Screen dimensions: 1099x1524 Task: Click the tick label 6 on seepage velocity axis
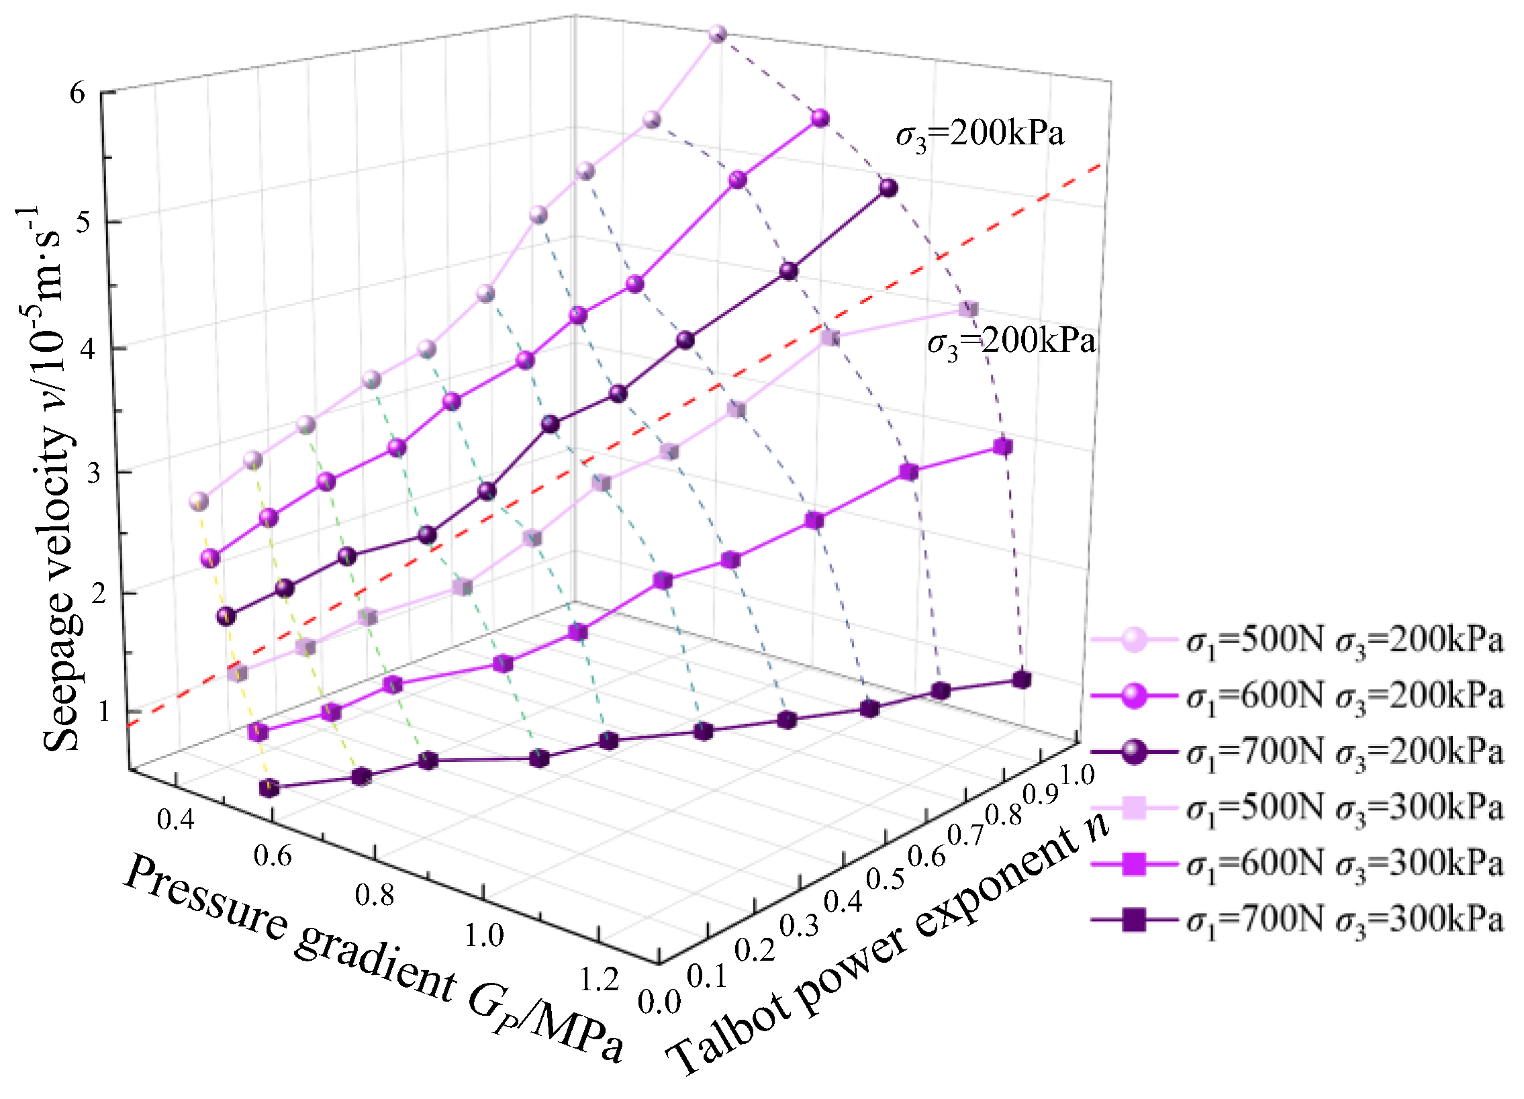(x=78, y=93)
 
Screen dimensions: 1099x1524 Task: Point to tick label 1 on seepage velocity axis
(x=103, y=711)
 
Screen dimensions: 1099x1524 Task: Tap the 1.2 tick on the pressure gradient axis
(x=599, y=980)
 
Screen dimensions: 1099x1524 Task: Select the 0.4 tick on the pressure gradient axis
(x=175, y=820)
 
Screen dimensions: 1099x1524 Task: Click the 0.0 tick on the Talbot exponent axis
(x=659, y=1003)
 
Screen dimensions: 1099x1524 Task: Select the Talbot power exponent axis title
(x=887, y=944)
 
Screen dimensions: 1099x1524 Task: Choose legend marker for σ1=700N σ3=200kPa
(x=1133, y=751)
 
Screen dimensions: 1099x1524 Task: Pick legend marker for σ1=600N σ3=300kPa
(x=1133, y=863)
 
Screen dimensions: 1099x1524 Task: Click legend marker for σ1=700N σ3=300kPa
(x=1133, y=918)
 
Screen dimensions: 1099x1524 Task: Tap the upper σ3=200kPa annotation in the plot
(x=980, y=135)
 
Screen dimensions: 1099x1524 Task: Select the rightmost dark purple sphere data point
(x=889, y=188)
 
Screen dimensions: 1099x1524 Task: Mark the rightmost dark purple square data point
(x=1021, y=680)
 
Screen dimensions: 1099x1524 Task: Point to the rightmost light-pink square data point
(x=968, y=309)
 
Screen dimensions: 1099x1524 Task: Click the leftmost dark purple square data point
(x=269, y=788)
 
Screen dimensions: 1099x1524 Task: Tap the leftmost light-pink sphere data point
(x=198, y=501)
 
